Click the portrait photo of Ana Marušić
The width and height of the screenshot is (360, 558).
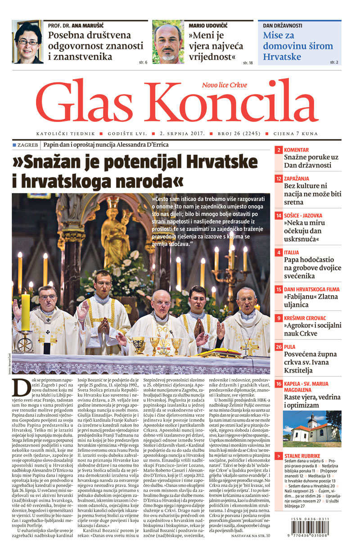pyautogui.click(x=27, y=42)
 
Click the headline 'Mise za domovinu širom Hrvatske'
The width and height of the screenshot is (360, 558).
pyautogui.click(x=298, y=46)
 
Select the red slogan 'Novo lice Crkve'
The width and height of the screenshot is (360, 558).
pyautogui.click(x=231, y=85)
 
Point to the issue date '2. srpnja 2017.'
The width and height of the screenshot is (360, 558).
pyautogui.click(x=182, y=134)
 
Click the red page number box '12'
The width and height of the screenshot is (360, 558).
pyautogui.click(x=279, y=179)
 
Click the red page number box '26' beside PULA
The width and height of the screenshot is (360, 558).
pyautogui.click(x=279, y=347)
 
